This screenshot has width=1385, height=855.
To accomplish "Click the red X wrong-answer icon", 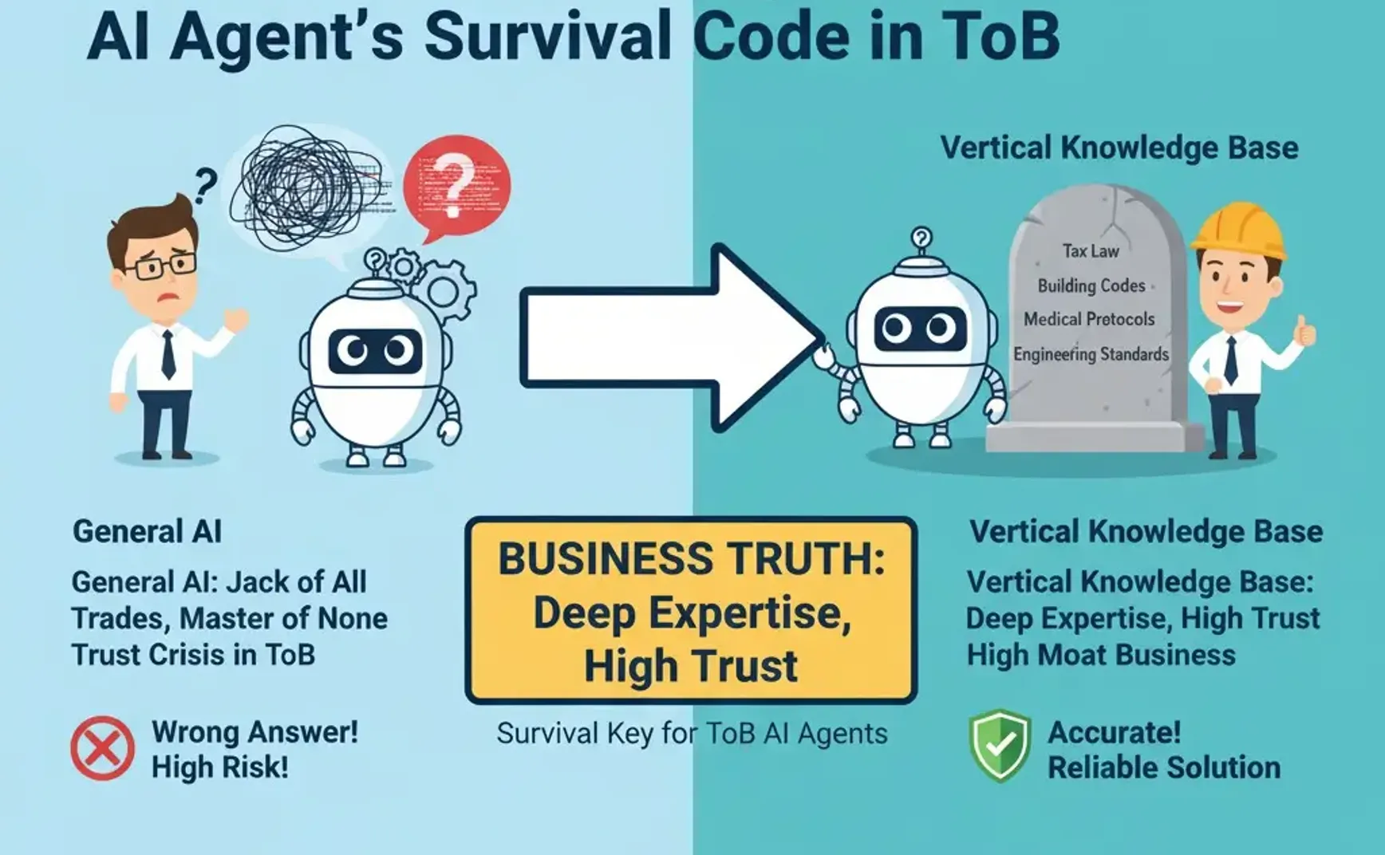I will pyautogui.click(x=102, y=748).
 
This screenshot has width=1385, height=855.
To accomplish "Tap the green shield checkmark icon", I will pyautogui.click(x=1000, y=745).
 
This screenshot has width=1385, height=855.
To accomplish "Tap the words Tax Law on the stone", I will pyautogui.click(x=1091, y=251).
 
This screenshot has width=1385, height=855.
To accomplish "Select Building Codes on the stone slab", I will pyautogui.click(x=1091, y=286).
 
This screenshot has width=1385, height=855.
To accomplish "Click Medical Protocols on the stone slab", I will pyautogui.click(x=1089, y=319).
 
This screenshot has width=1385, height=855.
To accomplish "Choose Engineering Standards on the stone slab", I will pyautogui.click(x=1091, y=354).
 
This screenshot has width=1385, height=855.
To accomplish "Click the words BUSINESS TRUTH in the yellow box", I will pyautogui.click(x=691, y=559).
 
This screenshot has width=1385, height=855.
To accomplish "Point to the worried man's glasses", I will pyautogui.click(x=165, y=266).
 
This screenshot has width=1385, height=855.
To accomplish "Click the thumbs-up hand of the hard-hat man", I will pyautogui.click(x=1304, y=330).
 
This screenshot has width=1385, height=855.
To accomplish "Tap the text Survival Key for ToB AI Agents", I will pyautogui.click(x=692, y=734).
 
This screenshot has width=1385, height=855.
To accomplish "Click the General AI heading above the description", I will pyautogui.click(x=148, y=532).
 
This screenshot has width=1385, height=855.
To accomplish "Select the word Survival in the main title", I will pyautogui.click(x=547, y=37).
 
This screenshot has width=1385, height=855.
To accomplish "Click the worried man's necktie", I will pyautogui.click(x=168, y=354).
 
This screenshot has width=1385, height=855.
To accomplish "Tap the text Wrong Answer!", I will pyautogui.click(x=255, y=731).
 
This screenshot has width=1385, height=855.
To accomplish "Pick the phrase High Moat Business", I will pyautogui.click(x=1101, y=656).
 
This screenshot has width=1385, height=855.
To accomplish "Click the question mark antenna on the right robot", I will pyautogui.click(x=921, y=238).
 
